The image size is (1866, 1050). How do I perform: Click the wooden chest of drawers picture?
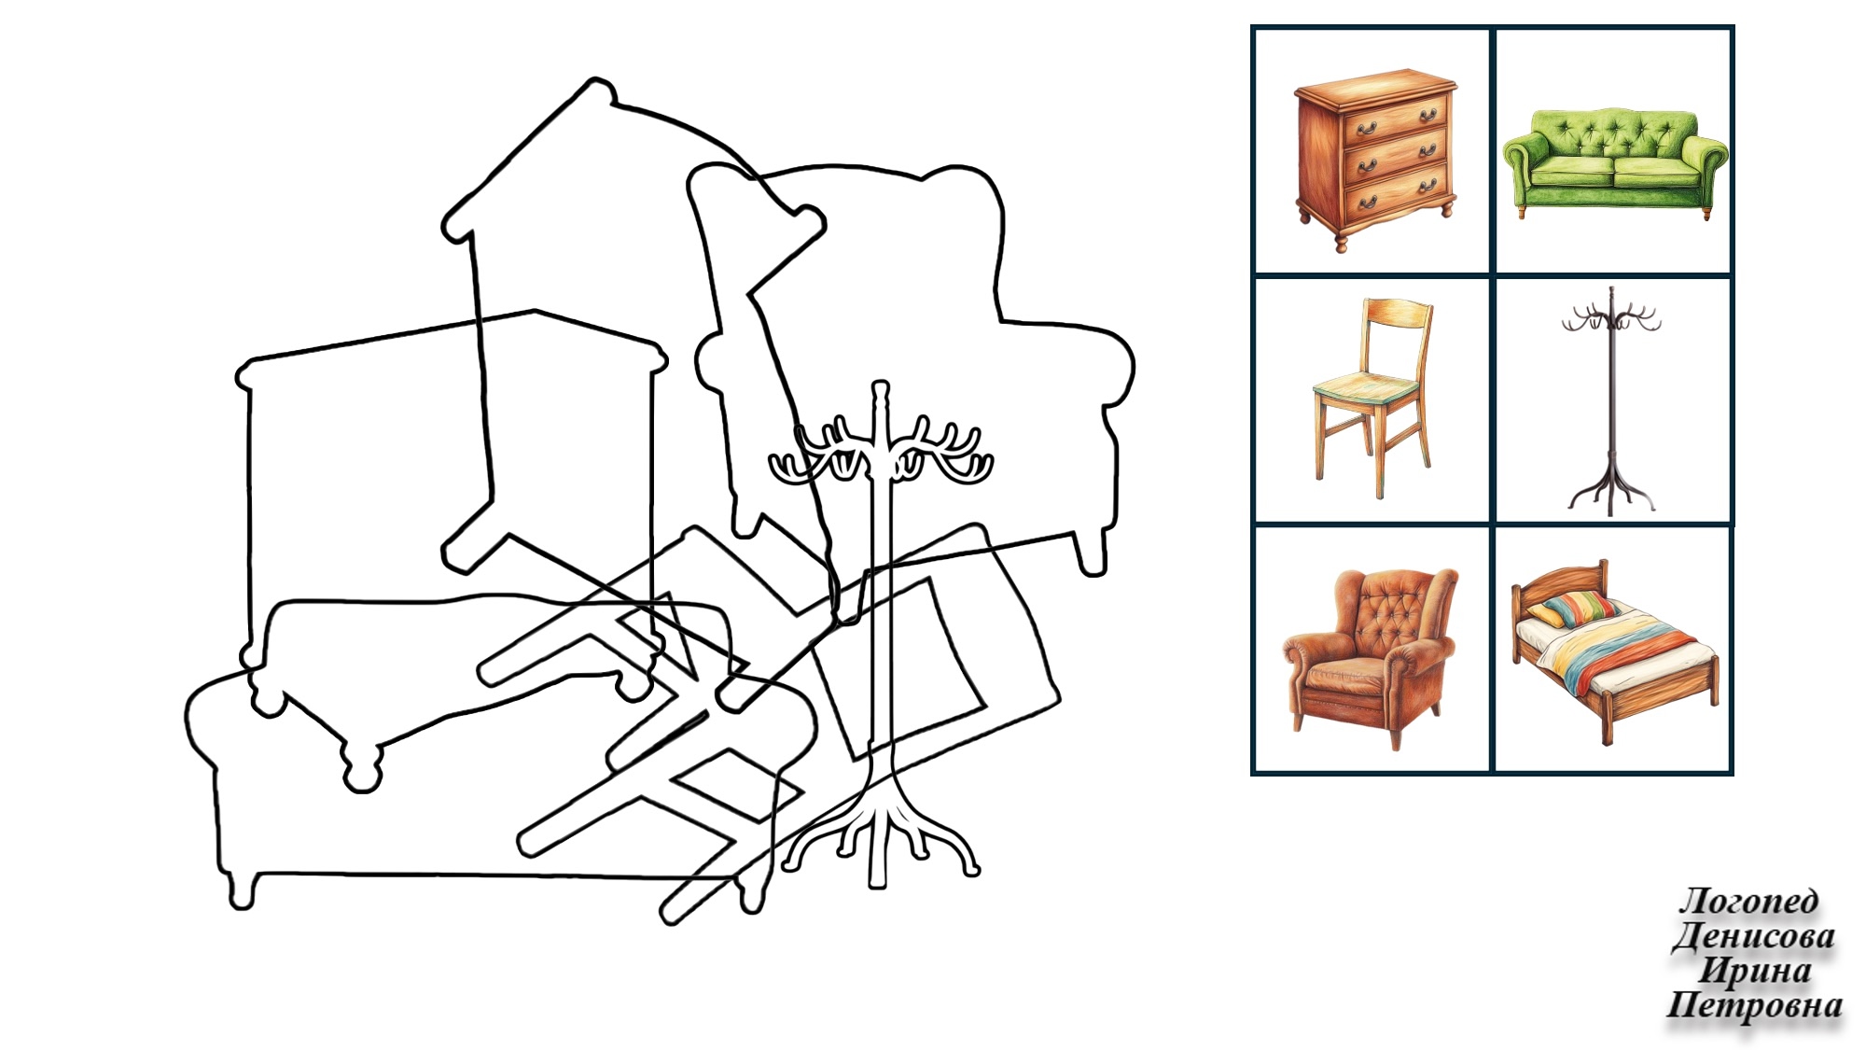(x=1374, y=159)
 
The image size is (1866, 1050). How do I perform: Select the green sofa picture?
(x=1615, y=164)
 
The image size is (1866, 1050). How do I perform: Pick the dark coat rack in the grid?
(x=1611, y=401)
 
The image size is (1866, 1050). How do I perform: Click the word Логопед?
(x=1748, y=901)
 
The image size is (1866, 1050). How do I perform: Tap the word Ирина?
(x=1755, y=971)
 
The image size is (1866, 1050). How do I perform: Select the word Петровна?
(x=1754, y=1005)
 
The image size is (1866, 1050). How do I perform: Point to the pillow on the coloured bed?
(x=1571, y=609)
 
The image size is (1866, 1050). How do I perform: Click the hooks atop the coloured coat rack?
(x=1611, y=317)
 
